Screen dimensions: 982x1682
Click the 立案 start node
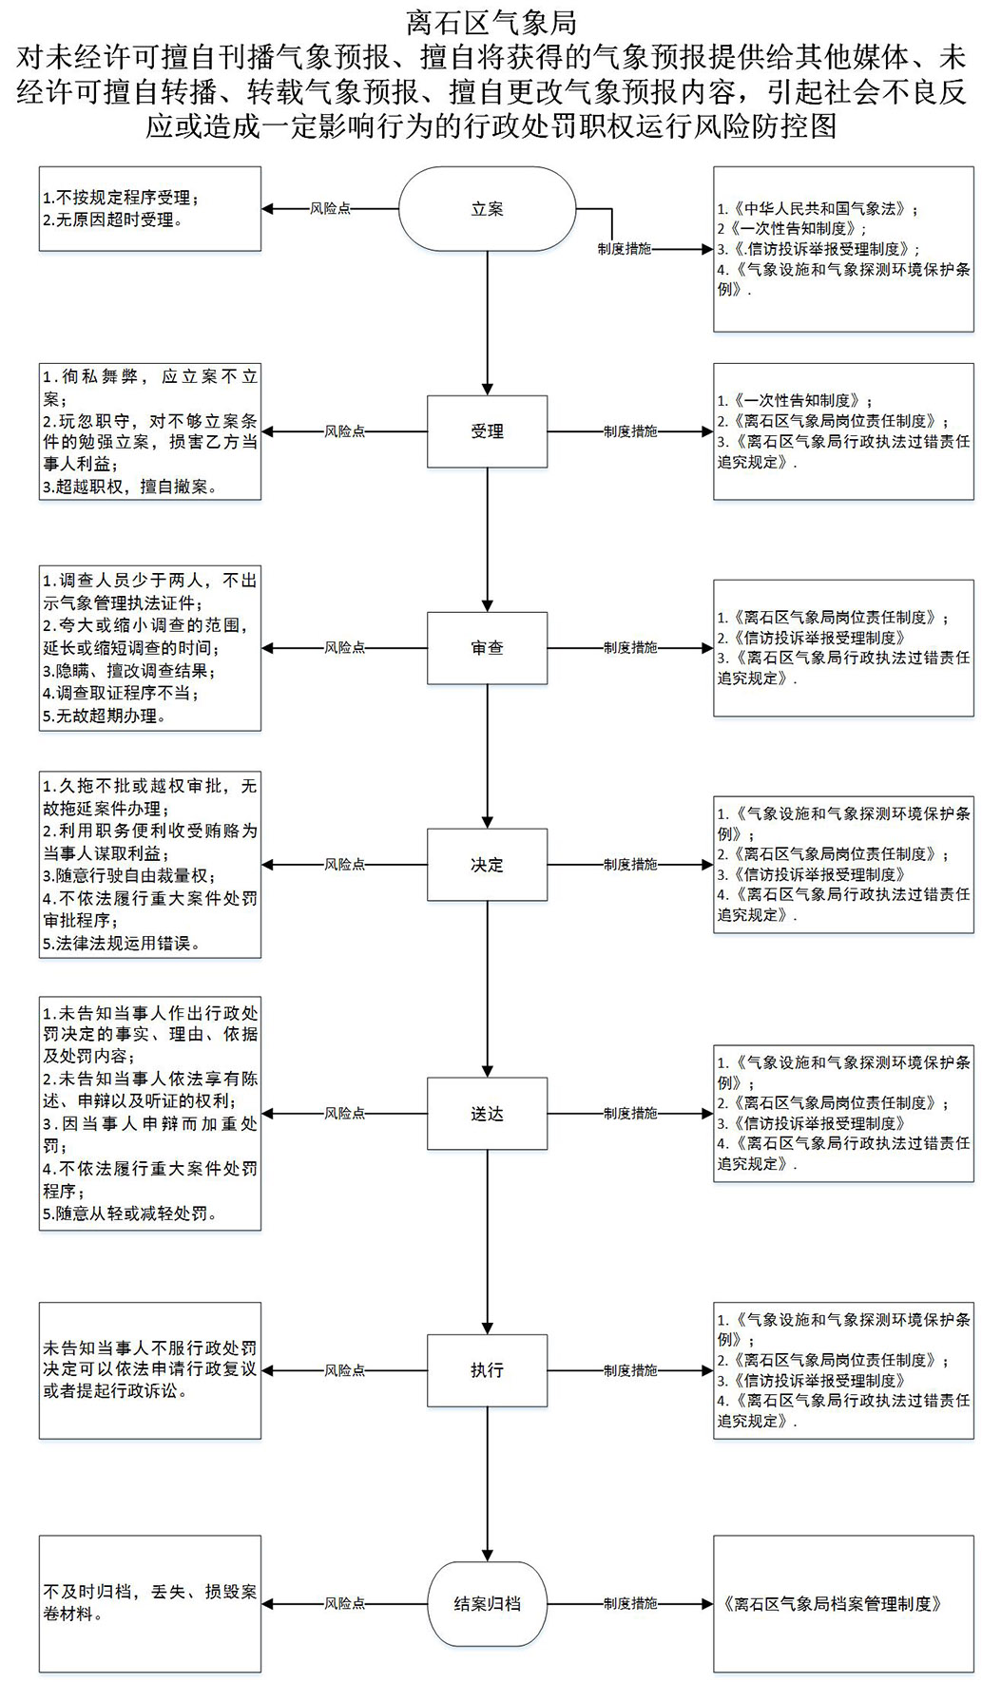[487, 209]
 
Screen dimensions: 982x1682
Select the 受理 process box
[487, 431]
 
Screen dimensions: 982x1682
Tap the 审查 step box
[487, 648]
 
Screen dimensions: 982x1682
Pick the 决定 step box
[487, 865]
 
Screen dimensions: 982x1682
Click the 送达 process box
[487, 1114]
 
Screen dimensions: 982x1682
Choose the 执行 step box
[487, 1370]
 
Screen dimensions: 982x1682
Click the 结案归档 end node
[487, 1604]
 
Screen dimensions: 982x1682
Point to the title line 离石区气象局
[491, 22]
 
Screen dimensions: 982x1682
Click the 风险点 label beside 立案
[330, 209]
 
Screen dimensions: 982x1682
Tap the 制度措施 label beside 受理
[630, 431]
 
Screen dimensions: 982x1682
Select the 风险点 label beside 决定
[344, 865]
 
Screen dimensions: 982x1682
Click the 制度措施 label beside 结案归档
[630, 1604]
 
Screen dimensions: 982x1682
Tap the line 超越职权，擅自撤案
[137, 487]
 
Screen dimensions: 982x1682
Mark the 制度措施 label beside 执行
[630, 1370]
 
